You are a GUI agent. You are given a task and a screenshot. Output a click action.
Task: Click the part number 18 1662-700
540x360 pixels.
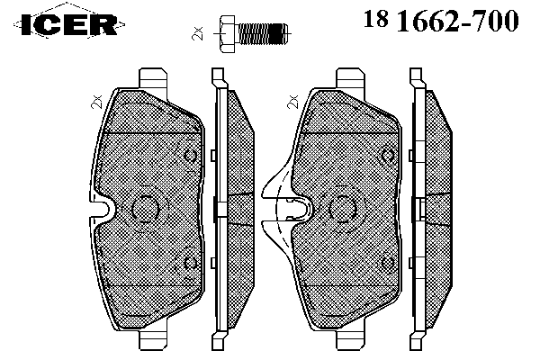(x=441, y=21)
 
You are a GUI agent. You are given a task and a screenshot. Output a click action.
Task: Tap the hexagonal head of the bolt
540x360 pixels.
(x=227, y=34)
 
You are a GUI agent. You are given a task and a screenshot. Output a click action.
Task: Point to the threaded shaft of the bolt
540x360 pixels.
(x=263, y=34)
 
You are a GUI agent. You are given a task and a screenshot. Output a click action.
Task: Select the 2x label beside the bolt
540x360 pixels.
(x=198, y=33)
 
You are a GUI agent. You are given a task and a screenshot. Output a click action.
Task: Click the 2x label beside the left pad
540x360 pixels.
(x=96, y=102)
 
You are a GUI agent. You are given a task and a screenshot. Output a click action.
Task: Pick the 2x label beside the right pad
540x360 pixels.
(x=293, y=102)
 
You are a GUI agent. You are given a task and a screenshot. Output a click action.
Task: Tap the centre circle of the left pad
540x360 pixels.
(x=145, y=209)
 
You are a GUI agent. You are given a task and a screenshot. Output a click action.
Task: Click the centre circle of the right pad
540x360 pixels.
(x=342, y=209)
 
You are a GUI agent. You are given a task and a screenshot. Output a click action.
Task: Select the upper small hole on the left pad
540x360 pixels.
(x=190, y=156)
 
